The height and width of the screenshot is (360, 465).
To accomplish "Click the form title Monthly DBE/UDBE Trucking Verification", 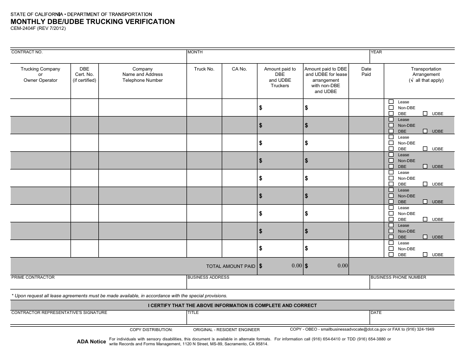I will (93, 22).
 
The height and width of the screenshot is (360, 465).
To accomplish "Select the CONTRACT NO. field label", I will (27, 52).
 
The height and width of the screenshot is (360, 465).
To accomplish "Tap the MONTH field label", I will (195, 52).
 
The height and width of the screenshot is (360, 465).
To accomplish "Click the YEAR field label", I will (376, 52).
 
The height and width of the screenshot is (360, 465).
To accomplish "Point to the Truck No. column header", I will (204, 69).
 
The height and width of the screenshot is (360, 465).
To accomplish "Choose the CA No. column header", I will (239, 69).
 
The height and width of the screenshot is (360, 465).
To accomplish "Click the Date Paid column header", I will (366, 72).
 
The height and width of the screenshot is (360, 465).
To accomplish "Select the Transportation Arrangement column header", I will (426, 74).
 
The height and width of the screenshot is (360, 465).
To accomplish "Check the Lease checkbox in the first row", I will (391, 102).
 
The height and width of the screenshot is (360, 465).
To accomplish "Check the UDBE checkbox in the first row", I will (425, 114).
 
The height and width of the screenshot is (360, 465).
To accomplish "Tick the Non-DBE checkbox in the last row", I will (391, 249).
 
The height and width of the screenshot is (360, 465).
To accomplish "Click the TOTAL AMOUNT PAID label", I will (231, 266).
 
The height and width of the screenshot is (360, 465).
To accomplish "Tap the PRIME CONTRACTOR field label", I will (33, 277).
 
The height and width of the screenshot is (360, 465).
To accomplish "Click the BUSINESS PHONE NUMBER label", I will (398, 277).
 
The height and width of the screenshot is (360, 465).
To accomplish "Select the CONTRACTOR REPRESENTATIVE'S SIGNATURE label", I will (59, 312).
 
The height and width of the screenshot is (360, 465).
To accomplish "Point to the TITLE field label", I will (193, 312).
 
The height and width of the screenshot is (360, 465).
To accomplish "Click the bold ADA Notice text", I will (91, 342).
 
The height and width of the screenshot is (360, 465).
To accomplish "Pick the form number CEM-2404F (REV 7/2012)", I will (38, 28).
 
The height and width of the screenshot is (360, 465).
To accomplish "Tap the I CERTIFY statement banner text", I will (232, 306).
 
